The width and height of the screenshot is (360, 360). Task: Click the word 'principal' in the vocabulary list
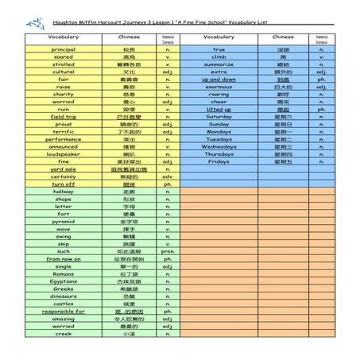tap(63, 49)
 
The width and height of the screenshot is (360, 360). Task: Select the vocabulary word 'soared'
tap(63, 57)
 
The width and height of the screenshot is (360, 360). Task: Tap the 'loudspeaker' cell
tap(63, 154)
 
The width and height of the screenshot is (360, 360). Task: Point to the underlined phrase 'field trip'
tap(63, 116)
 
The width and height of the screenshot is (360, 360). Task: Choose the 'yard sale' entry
tap(63, 169)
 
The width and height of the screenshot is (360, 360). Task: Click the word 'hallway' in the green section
tap(63, 192)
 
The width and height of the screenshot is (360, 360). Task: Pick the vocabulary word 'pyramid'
tap(63, 221)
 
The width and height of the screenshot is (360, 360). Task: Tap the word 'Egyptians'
tap(63, 281)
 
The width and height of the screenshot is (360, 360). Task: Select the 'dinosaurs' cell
tap(63, 296)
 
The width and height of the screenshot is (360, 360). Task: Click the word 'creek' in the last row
tap(63, 334)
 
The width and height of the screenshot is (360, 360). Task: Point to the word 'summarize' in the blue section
tap(219, 64)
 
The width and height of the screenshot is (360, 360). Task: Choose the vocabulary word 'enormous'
tap(219, 87)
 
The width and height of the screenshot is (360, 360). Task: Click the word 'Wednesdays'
tap(219, 147)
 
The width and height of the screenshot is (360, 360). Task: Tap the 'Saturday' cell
tap(219, 117)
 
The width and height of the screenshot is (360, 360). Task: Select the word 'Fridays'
tap(219, 161)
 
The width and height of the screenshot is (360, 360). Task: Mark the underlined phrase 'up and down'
tap(219, 79)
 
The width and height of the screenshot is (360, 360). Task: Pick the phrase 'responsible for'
tap(63, 311)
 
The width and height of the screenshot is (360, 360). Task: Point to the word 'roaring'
tap(219, 95)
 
